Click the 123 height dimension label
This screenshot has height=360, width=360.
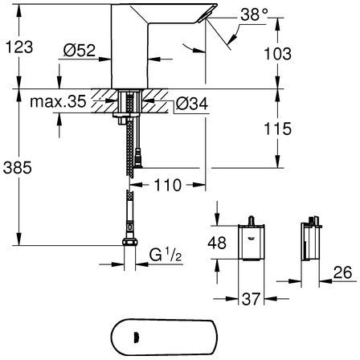19,47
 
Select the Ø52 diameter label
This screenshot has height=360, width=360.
80,50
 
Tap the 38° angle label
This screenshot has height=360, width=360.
254,14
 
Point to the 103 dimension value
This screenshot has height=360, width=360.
278,54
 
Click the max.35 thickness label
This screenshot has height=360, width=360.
58,101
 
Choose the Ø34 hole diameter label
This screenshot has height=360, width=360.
192,104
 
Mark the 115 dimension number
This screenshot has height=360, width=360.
278,129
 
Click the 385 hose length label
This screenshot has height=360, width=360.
18,168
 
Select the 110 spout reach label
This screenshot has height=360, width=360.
168,185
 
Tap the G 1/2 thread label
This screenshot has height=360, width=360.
166,255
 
